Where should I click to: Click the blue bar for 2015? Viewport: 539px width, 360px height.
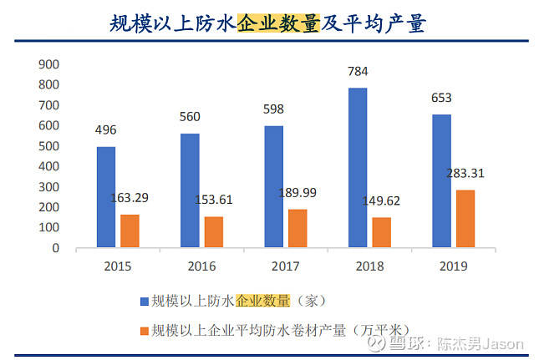point(105,197)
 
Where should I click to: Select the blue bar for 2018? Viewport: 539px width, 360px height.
point(357,168)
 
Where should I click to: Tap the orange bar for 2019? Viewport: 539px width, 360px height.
point(465,219)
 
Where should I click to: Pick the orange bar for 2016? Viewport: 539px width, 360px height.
point(213,232)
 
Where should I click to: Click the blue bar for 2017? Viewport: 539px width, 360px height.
point(273,186)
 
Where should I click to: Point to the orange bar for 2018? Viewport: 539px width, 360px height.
point(381,232)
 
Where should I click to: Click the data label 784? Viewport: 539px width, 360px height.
point(358,71)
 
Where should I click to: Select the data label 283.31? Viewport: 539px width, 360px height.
point(465,174)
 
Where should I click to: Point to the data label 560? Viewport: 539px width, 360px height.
point(190,117)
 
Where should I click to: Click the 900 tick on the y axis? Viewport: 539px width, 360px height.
point(49,64)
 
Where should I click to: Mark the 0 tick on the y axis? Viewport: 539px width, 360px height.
point(56,248)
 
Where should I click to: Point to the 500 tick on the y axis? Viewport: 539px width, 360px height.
point(49,146)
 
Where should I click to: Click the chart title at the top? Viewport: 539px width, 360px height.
point(268,23)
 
